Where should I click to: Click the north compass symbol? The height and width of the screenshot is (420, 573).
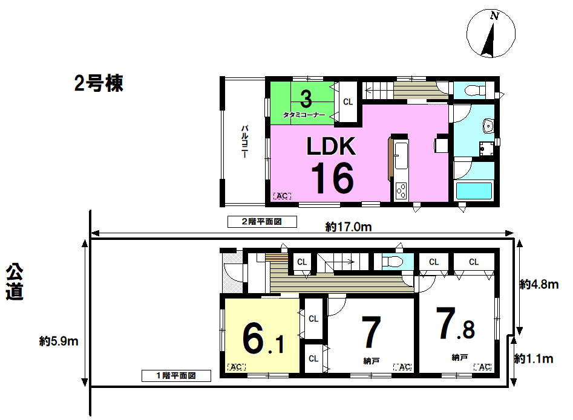pos(491,34)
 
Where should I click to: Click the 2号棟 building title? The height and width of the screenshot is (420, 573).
pos(99,83)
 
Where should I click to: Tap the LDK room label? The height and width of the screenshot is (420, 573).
pos(331,146)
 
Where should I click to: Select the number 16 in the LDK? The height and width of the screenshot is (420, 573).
pos(332,178)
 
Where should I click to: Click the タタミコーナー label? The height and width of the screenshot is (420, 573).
pos(304,115)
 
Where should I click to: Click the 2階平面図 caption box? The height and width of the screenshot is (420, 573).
pos(262,222)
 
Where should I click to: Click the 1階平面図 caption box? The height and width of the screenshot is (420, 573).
pos(176,375)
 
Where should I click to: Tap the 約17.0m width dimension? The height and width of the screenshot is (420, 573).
pos(349,227)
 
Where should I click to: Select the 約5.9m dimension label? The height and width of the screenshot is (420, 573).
pos(59,341)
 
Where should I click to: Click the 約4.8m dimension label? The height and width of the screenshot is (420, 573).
pos(539,284)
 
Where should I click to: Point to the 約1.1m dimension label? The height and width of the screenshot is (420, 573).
pos(534,359)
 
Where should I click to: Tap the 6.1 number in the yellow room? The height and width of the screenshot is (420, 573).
pos(263,339)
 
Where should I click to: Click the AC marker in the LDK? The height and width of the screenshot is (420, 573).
pos(282,196)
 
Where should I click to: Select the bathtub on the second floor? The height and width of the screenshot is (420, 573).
pos(474,190)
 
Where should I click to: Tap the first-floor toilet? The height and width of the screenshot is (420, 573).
pos(392,261)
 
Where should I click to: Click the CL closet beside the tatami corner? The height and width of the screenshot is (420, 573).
pos(347,102)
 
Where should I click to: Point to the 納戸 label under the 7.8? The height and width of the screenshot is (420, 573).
pos(459,358)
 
